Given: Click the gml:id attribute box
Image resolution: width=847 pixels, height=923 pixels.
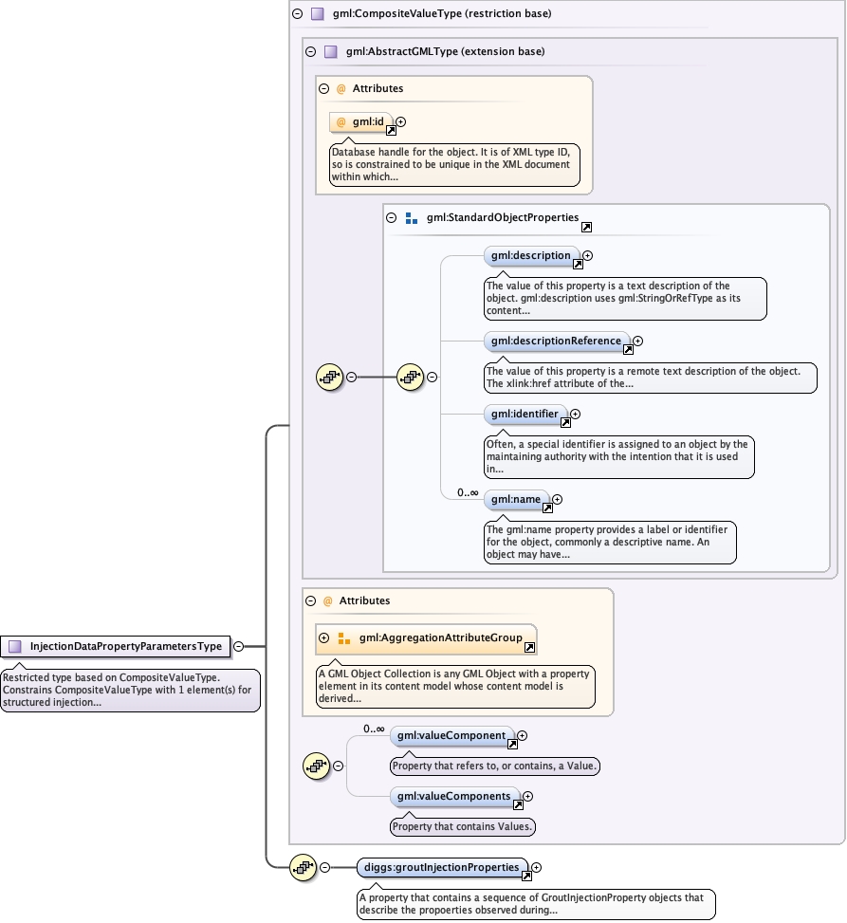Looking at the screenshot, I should (x=360, y=122).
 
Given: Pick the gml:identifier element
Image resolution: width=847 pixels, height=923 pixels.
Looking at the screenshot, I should (x=525, y=414).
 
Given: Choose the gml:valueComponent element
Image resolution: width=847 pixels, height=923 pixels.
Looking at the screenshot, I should (x=451, y=735).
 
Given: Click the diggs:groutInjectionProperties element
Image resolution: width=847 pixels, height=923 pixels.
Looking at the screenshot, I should (x=442, y=867).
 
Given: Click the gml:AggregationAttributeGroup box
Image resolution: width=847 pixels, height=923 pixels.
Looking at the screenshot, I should (x=426, y=638).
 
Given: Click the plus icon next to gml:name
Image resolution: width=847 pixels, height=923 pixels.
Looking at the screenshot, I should (x=558, y=499).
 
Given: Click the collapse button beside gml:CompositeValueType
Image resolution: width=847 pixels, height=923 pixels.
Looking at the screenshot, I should (x=297, y=14).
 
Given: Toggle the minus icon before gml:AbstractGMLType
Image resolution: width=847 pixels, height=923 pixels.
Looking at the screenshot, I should (x=310, y=51).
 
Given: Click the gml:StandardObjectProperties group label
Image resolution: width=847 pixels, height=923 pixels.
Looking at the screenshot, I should (x=502, y=217).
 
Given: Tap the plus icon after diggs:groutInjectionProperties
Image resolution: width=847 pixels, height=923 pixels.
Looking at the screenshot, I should (x=537, y=867).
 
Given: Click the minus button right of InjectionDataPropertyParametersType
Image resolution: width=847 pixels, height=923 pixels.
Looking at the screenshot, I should (x=239, y=646).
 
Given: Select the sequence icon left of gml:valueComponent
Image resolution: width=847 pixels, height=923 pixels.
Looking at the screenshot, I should (x=315, y=765).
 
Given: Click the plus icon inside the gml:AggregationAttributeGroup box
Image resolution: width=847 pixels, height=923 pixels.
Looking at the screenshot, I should (x=324, y=638).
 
